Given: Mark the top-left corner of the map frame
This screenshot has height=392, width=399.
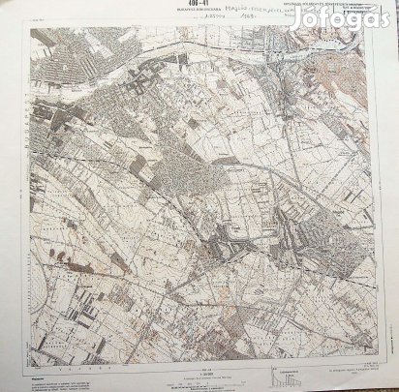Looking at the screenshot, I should (x=30, y=29).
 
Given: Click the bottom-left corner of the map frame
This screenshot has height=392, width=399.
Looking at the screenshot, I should (x=30, y=360).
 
